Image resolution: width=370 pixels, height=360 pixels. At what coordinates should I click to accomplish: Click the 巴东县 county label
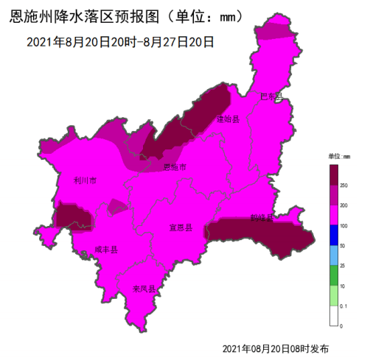pyautogui.click(x=271, y=96)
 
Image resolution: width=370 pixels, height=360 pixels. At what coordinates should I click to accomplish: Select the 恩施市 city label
pyautogui.click(x=174, y=168)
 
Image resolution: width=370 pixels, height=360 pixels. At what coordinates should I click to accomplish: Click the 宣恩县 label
pyautogui.click(x=181, y=228)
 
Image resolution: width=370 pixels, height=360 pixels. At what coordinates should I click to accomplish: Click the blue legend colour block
pyautogui.click(x=333, y=235)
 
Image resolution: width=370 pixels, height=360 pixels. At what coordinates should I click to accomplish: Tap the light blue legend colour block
pyautogui.click(x=333, y=255)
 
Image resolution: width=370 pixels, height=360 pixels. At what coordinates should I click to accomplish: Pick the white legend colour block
pyautogui.click(x=333, y=315)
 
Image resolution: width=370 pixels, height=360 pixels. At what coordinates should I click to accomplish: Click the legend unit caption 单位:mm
pyautogui.click(x=339, y=156)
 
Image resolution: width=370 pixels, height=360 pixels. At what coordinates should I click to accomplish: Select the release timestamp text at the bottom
pyautogui.click(x=275, y=347)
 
